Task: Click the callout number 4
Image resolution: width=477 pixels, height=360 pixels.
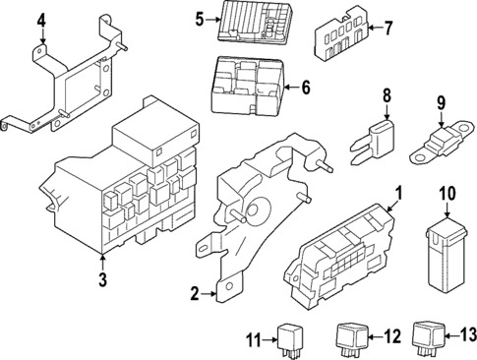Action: pos(41,21)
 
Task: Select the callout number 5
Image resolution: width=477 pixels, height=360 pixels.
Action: pos(200,20)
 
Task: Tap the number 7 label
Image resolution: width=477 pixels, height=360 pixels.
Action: pos(388,28)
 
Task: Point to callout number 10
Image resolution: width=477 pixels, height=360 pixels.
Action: pos(447,194)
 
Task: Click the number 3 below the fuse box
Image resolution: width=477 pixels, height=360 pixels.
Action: pos(103,279)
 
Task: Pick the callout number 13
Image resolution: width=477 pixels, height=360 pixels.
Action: pos(467,335)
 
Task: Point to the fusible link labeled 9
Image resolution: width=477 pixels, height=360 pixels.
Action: pos(442,143)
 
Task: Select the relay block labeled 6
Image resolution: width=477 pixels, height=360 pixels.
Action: pos(248,86)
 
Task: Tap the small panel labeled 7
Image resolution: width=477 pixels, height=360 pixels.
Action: pos(342,36)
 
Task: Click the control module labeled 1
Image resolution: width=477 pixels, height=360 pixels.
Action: pos(339,256)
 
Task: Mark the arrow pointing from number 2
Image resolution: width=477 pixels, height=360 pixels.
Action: pos(209,294)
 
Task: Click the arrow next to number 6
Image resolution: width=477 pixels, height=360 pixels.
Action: pos(292,88)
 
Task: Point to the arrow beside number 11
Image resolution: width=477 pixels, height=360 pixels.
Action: pos(270,340)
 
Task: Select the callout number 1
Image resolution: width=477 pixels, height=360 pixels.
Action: pos(399,194)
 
